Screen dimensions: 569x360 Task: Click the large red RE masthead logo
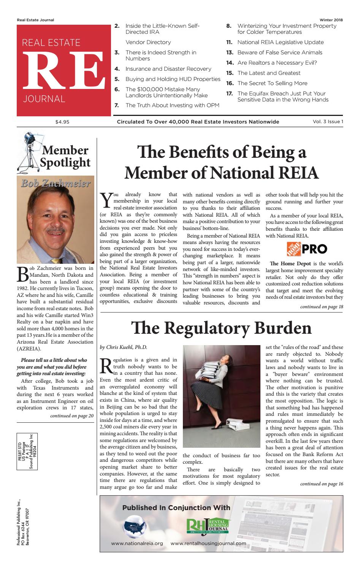(60, 69)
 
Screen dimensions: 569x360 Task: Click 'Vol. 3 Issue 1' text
(325, 122)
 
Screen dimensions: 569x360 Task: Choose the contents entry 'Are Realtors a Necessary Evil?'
(277, 63)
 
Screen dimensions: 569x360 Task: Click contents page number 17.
(229, 94)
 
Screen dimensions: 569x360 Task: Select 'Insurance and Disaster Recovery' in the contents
(168, 69)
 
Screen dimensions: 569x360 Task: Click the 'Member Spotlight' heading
(65, 156)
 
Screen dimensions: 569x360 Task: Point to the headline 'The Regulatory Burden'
(221, 328)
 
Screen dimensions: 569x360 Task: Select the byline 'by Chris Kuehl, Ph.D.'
(123, 347)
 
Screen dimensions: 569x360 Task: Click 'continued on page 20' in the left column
(72, 416)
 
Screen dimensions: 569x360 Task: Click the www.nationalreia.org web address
(137, 544)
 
